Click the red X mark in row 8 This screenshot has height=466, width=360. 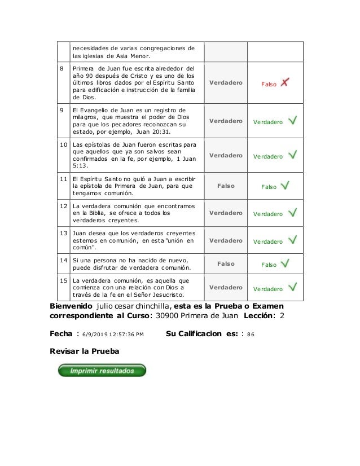285,82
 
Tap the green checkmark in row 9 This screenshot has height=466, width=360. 293,121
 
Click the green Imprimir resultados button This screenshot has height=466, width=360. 102,371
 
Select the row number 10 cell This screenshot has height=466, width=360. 63,145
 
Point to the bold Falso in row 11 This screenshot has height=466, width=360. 226,185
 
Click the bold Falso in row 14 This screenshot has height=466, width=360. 226,263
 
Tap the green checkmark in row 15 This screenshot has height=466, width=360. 293,288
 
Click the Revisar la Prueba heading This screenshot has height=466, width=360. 85,351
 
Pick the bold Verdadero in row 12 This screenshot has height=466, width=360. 226,213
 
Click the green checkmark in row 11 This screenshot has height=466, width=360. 286,185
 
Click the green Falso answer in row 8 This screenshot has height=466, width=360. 269,84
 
